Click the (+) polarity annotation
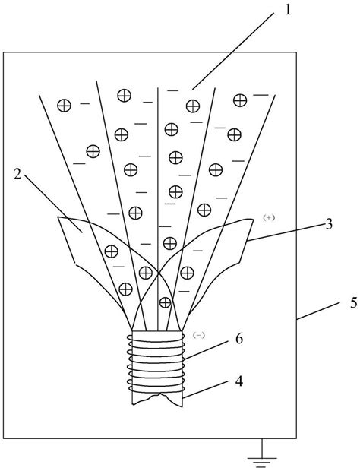[x=268, y=217]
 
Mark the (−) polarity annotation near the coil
[x=200, y=333]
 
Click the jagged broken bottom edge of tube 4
[x=157, y=400]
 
